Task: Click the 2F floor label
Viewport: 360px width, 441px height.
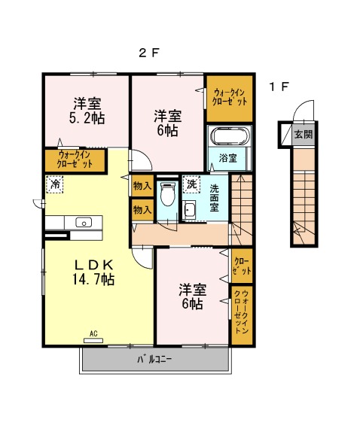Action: pos(149,53)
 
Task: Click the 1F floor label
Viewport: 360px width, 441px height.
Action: pos(279,87)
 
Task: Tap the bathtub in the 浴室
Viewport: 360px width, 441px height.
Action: pos(230,136)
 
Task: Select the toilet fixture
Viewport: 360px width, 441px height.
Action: pos(168,193)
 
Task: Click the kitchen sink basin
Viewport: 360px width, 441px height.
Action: pos(84,223)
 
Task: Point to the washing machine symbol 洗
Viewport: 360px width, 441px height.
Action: pos(191,184)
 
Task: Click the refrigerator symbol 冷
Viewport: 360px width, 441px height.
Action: pos(55,184)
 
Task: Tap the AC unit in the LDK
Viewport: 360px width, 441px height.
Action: pos(93,341)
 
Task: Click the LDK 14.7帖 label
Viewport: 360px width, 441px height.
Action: pos(93,272)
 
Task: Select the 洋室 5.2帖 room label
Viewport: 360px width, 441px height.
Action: pos(87,111)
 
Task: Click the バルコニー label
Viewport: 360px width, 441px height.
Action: pos(154,360)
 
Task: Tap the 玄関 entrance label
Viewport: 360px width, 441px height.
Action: pos(304,134)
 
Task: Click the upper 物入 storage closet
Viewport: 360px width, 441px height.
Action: pos(142,186)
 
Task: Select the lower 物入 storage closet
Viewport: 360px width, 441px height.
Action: pos(142,209)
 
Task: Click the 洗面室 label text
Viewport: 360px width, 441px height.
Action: pos(215,198)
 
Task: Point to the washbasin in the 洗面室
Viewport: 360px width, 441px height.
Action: pos(189,211)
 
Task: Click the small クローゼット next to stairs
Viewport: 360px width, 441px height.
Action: pos(242,266)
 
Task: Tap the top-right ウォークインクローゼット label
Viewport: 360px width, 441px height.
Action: pos(230,97)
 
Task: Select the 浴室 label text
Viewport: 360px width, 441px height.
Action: pos(228,158)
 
